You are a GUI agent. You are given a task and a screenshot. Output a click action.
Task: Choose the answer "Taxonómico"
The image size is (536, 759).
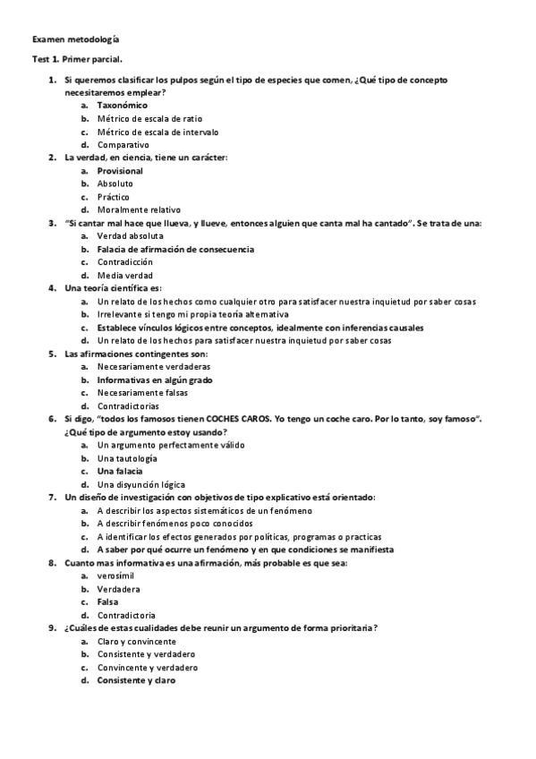(123, 105)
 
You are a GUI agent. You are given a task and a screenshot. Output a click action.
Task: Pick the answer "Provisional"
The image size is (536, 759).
(120, 170)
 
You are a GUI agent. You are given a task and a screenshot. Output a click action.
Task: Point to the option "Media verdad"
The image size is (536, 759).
(125, 275)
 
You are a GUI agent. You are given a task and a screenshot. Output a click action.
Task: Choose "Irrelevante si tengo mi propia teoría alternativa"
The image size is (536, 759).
(193, 314)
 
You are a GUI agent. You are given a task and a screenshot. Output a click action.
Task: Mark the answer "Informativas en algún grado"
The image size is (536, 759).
(154, 379)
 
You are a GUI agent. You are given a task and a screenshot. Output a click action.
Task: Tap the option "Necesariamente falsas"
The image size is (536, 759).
(143, 392)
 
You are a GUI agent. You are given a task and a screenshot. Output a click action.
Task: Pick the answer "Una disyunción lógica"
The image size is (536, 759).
(141, 484)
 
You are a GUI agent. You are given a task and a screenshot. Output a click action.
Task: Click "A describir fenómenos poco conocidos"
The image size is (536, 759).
(175, 523)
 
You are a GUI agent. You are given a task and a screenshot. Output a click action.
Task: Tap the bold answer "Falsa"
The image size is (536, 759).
(108, 601)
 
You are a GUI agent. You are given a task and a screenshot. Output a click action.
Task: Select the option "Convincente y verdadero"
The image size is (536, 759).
(148, 667)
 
